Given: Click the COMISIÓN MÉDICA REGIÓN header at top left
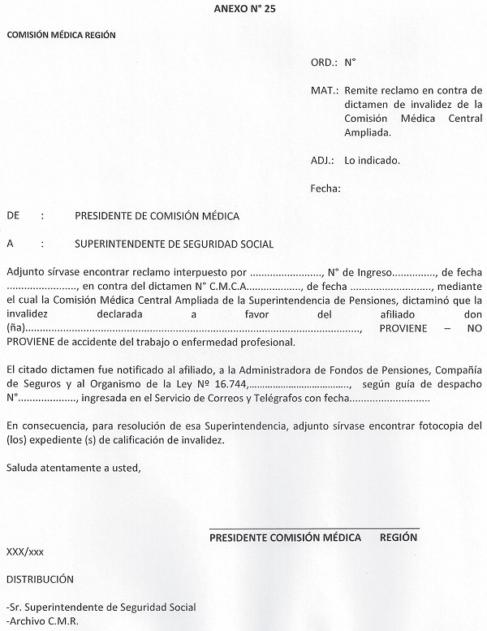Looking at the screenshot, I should [61, 35].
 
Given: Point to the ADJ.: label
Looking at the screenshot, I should [322, 160].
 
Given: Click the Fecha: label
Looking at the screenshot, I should [325, 188].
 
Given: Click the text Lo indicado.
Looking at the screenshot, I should [372, 160].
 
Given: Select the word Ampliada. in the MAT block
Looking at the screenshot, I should [367, 132].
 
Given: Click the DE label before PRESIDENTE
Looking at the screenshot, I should [13, 216].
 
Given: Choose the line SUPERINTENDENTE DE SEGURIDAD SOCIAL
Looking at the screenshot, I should [174, 244].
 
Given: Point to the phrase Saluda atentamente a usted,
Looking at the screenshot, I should [72, 467].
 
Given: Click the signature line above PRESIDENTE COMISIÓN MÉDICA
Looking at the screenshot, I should [314, 529].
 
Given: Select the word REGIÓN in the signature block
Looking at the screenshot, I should [399, 538].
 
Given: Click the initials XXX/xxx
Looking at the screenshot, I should [24, 551].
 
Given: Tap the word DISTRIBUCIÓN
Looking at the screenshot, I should [40, 579].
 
